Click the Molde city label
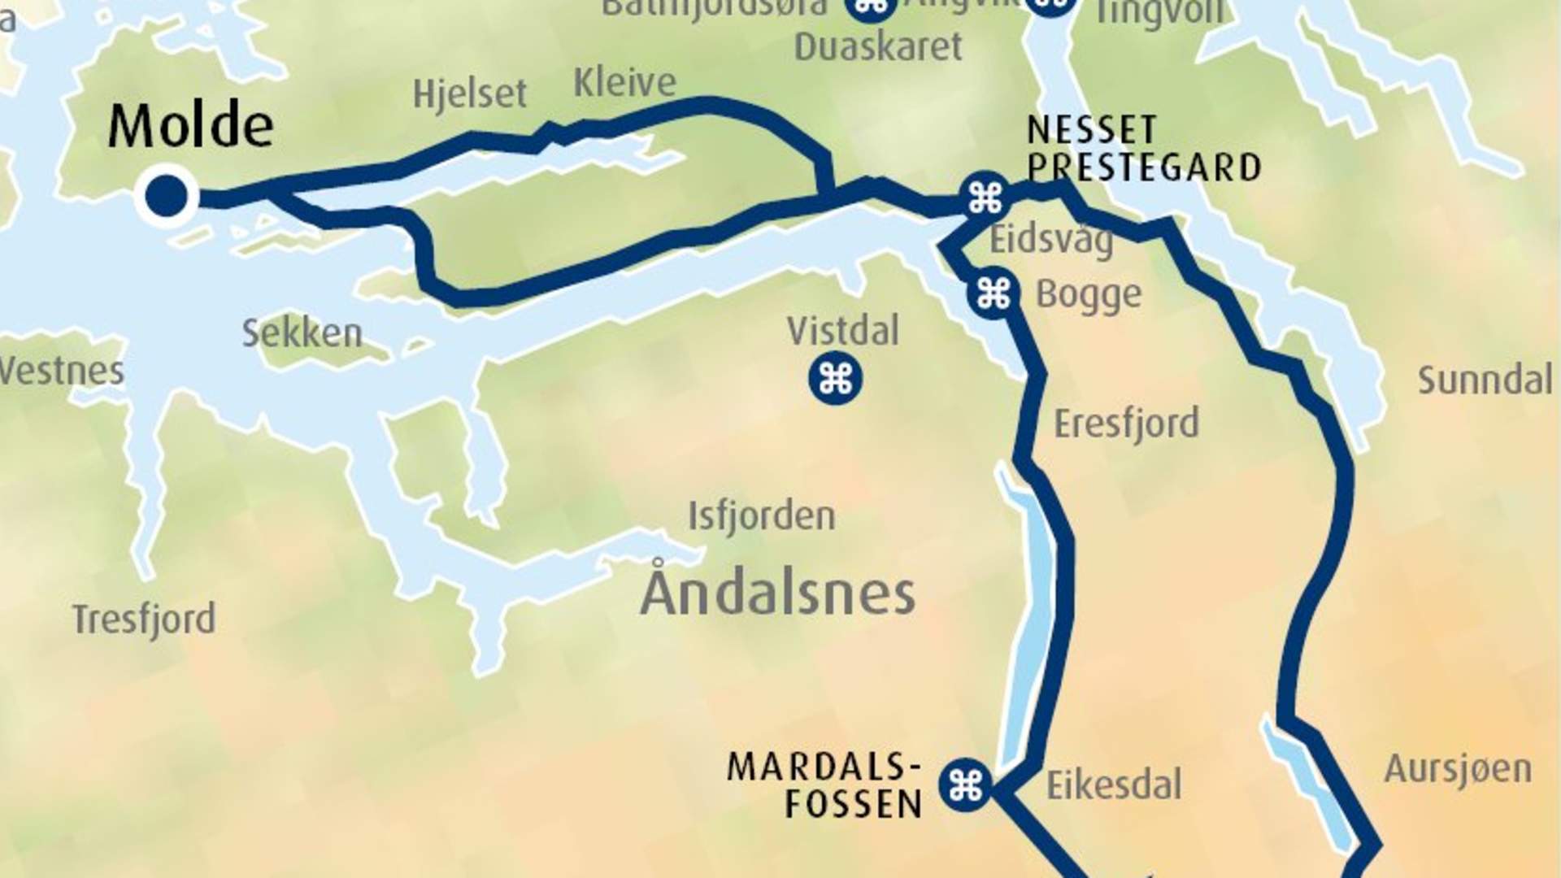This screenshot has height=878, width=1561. pyautogui.click(x=190, y=126)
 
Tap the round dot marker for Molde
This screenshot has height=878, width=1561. pyautogui.click(x=167, y=196)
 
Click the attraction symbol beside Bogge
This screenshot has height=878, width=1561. pyautogui.click(x=994, y=293)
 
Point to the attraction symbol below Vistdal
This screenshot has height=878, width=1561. pyautogui.click(x=835, y=378)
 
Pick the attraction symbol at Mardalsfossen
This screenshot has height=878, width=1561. pyautogui.click(x=966, y=785)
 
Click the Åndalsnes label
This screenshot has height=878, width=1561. pyautogui.click(x=778, y=593)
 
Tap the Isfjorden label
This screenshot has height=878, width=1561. pyautogui.click(x=761, y=516)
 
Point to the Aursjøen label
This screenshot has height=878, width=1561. pyautogui.click(x=1458, y=769)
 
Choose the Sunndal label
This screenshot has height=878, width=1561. pyautogui.click(x=1485, y=380)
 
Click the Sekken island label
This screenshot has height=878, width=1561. pyautogui.click(x=302, y=333)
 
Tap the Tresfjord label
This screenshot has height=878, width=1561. pyautogui.click(x=144, y=619)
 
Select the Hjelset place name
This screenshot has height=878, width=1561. pyautogui.click(x=470, y=94)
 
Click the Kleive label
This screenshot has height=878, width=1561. pyautogui.click(x=624, y=83)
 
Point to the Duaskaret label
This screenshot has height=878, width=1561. pyautogui.click(x=878, y=46)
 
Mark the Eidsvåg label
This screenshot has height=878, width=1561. pyautogui.click(x=1050, y=241)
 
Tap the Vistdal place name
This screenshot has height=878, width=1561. pyautogui.click(x=843, y=332)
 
